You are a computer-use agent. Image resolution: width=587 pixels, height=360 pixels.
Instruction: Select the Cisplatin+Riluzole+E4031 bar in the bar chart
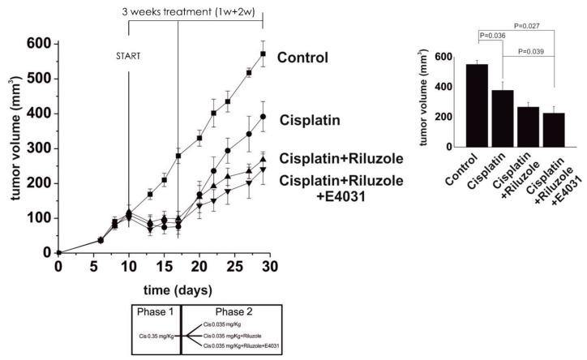[554, 130]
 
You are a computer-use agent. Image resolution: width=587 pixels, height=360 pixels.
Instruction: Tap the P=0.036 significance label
[493, 36]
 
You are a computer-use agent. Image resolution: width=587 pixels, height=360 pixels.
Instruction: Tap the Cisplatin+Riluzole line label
[332, 156]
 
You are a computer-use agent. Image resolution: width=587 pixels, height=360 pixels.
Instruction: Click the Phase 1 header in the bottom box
[156, 312]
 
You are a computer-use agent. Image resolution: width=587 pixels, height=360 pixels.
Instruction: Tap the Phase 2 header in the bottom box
[232, 312]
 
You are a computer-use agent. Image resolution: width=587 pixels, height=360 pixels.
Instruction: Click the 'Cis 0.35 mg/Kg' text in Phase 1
[157, 334]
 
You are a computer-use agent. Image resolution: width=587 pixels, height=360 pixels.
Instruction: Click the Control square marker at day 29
[263, 54]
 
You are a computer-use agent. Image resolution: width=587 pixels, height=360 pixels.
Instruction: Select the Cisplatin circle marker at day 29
[263, 117]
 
